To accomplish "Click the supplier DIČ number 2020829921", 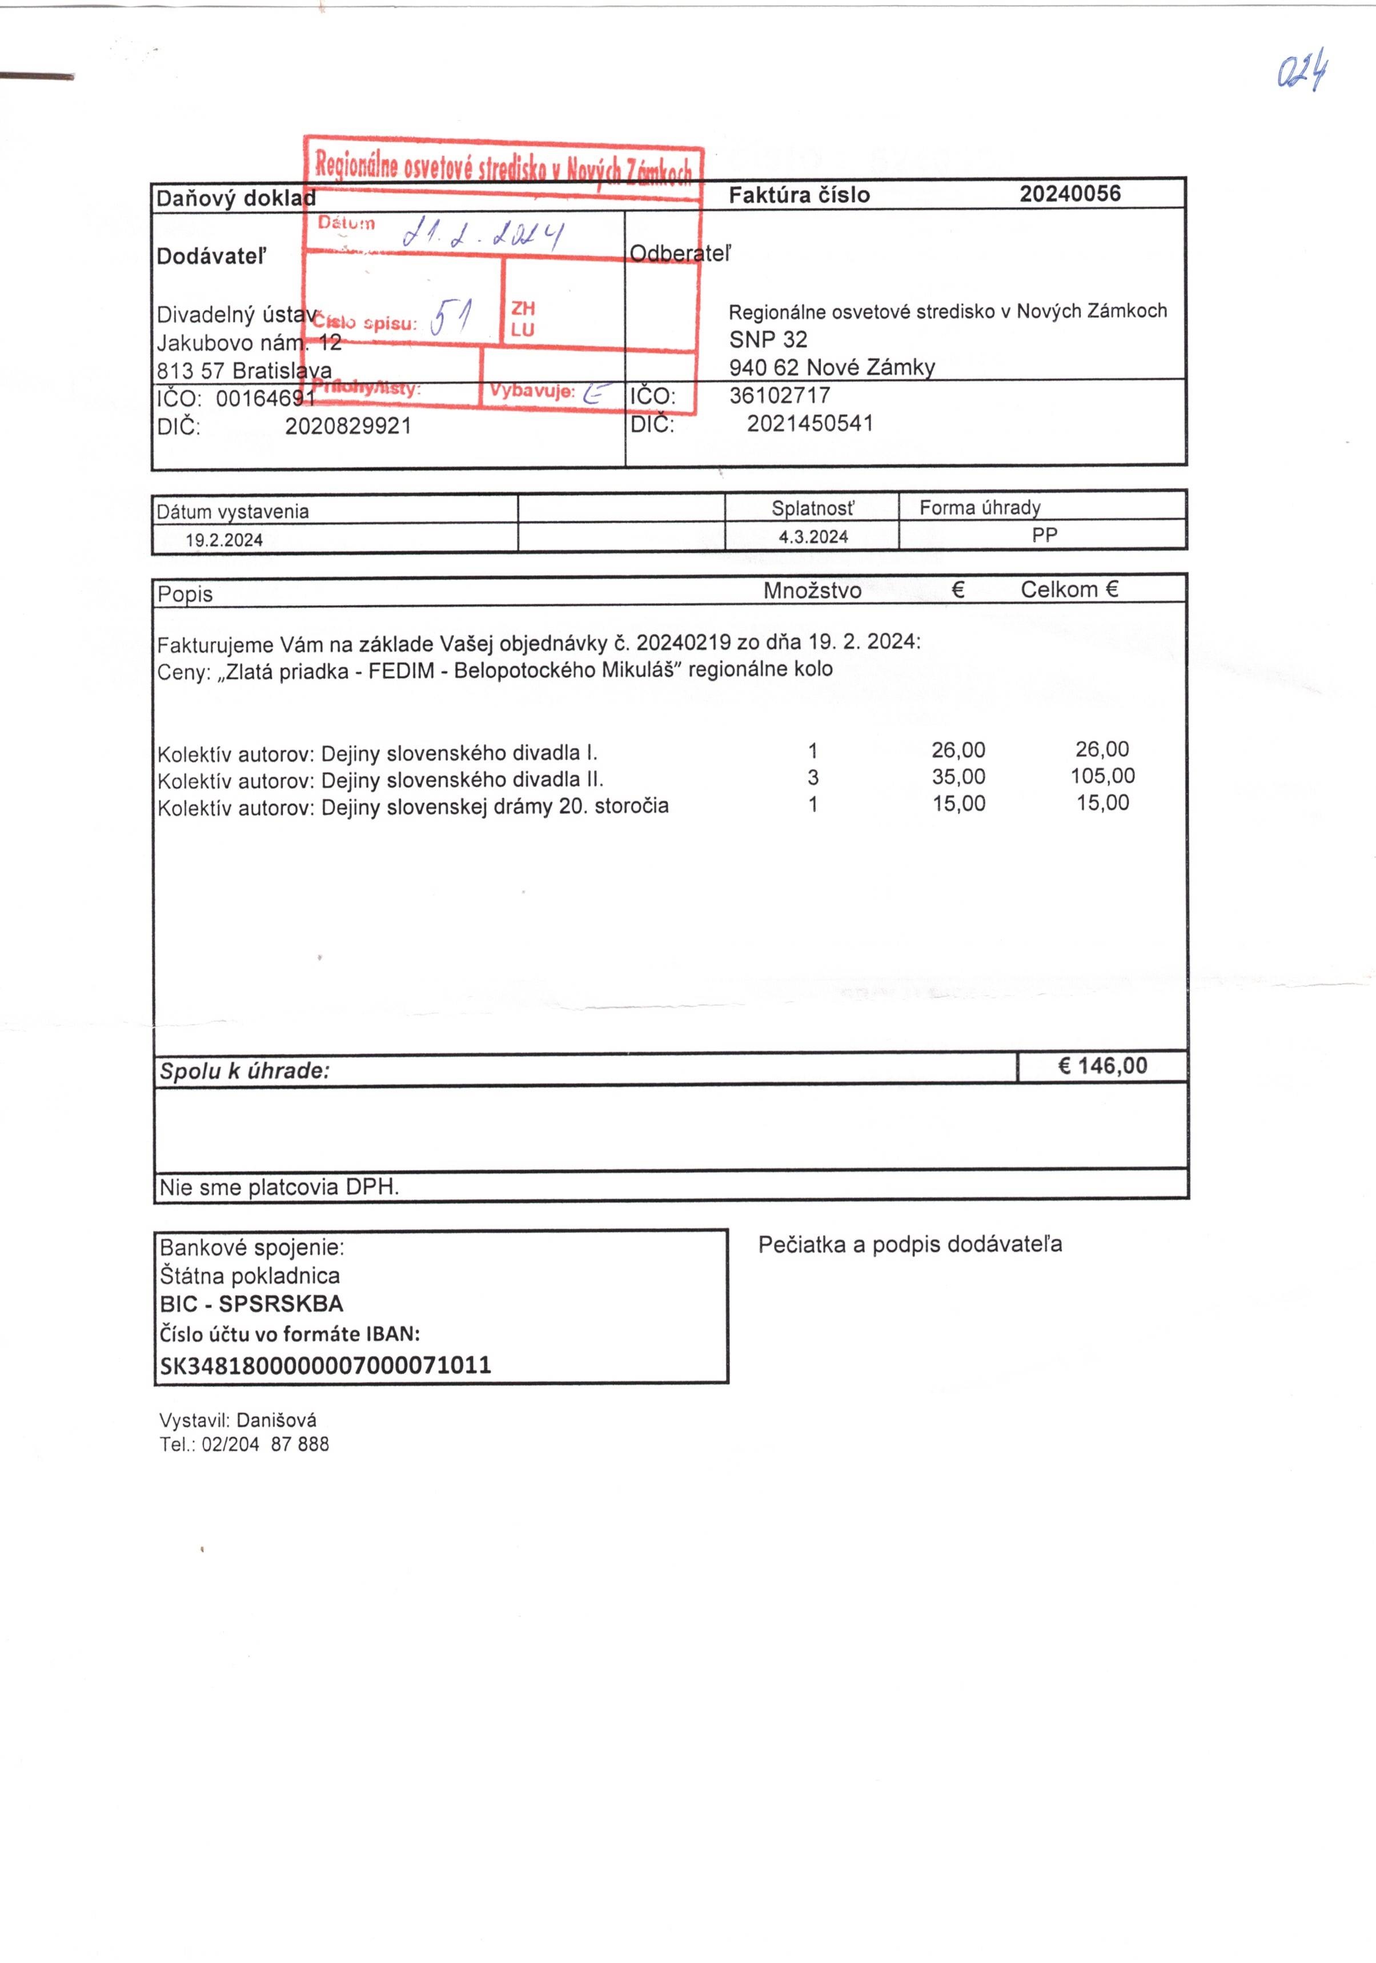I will pyautogui.click(x=348, y=425).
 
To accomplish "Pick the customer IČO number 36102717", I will pyautogui.click(x=779, y=395).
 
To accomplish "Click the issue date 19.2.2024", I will pyautogui.click(x=224, y=540).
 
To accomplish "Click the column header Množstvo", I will pyautogui.click(x=812, y=590).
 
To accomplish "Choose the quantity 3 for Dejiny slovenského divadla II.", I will pyautogui.click(x=812, y=777).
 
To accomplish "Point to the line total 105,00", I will pyautogui.click(x=1102, y=776).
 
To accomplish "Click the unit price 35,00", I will pyautogui.click(x=958, y=777).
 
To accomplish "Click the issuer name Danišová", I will pyautogui.click(x=276, y=1420).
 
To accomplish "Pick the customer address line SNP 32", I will pyautogui.click(x=768, y=339).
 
